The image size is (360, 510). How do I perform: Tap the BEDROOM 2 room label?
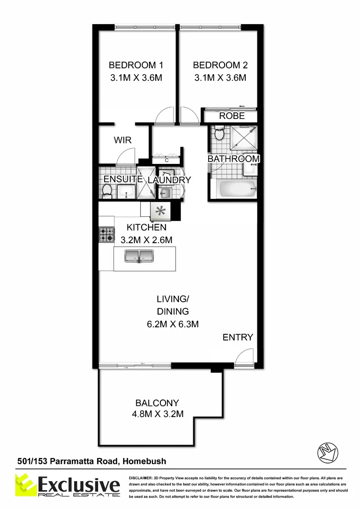pos(220,65)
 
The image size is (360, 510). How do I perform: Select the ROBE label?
pos(232,116)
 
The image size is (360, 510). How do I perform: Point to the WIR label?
pos(122,140)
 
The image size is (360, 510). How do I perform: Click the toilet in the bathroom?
pos(219,134)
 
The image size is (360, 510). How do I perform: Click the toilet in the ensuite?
pos(107,190)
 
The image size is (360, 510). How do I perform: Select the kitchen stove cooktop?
pos(106,234)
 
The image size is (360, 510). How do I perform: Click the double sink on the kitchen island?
pos(139,256)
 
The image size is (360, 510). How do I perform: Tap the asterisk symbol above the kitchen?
pos(160,212)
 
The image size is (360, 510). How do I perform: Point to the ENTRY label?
pos(238,337)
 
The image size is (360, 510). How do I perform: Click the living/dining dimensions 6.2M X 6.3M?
pos(173,324)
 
